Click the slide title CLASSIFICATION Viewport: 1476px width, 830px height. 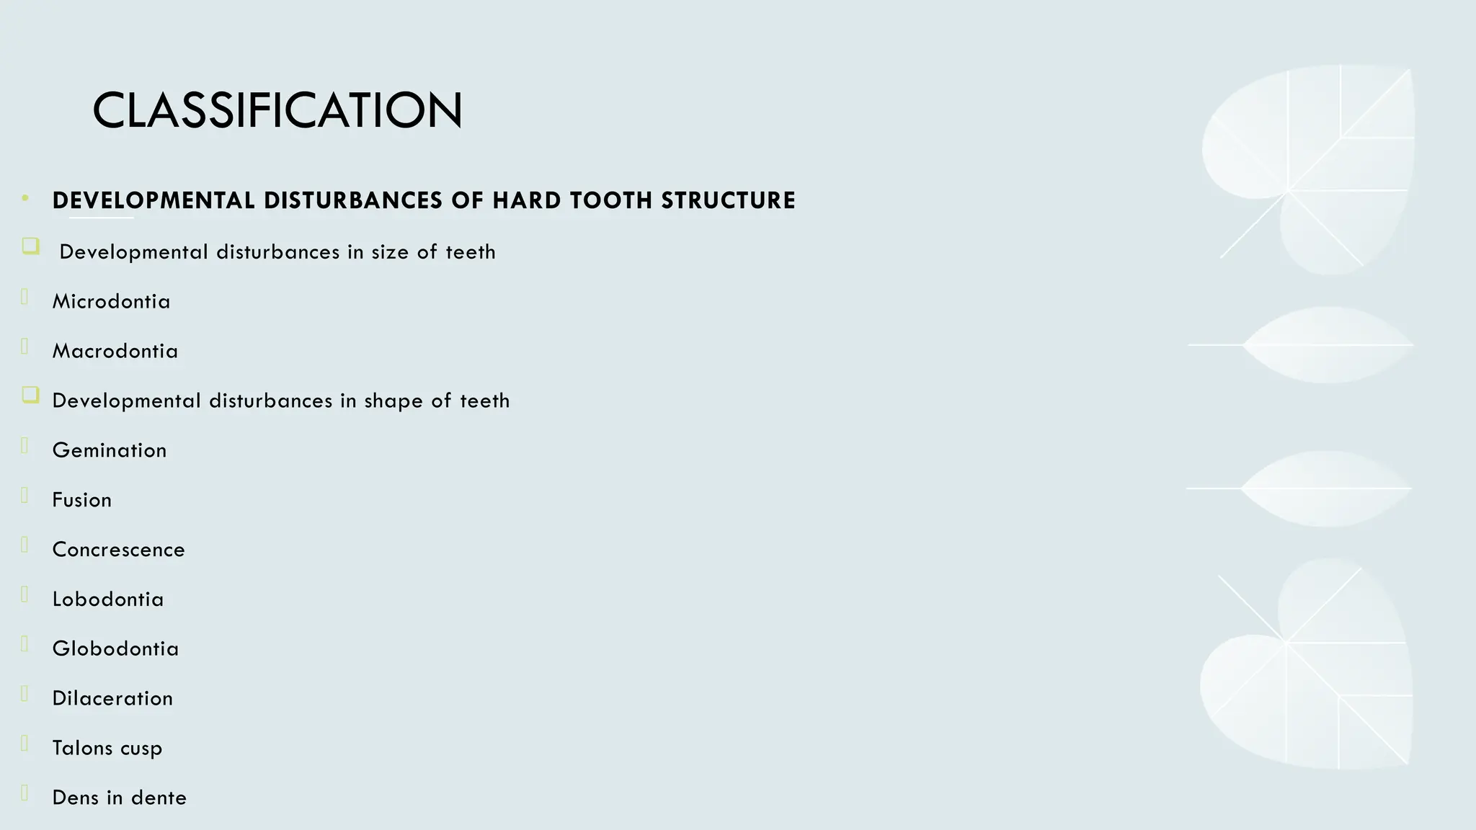(277, 110)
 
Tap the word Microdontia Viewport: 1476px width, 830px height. (111, 301)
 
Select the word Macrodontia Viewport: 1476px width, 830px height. (115, 351)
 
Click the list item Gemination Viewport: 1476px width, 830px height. (110, 450)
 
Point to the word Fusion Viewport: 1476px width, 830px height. (82, 500)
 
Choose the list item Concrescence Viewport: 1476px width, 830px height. (118, 550)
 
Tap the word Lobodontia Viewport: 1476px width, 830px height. (108, 599)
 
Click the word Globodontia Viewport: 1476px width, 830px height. (115, 648)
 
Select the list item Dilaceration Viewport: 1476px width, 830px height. (112, 698)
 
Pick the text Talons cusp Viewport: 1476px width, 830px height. (107, 748)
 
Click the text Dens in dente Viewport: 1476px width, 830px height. (120, 798)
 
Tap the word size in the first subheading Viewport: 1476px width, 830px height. (390, 252)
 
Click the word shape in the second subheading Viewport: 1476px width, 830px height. (394, 401)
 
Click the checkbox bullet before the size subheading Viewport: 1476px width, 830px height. (30, 246)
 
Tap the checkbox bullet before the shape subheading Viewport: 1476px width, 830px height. (30, 395)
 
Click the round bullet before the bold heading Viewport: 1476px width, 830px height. (26, 197)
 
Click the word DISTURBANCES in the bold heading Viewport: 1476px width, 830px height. (353, 200)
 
